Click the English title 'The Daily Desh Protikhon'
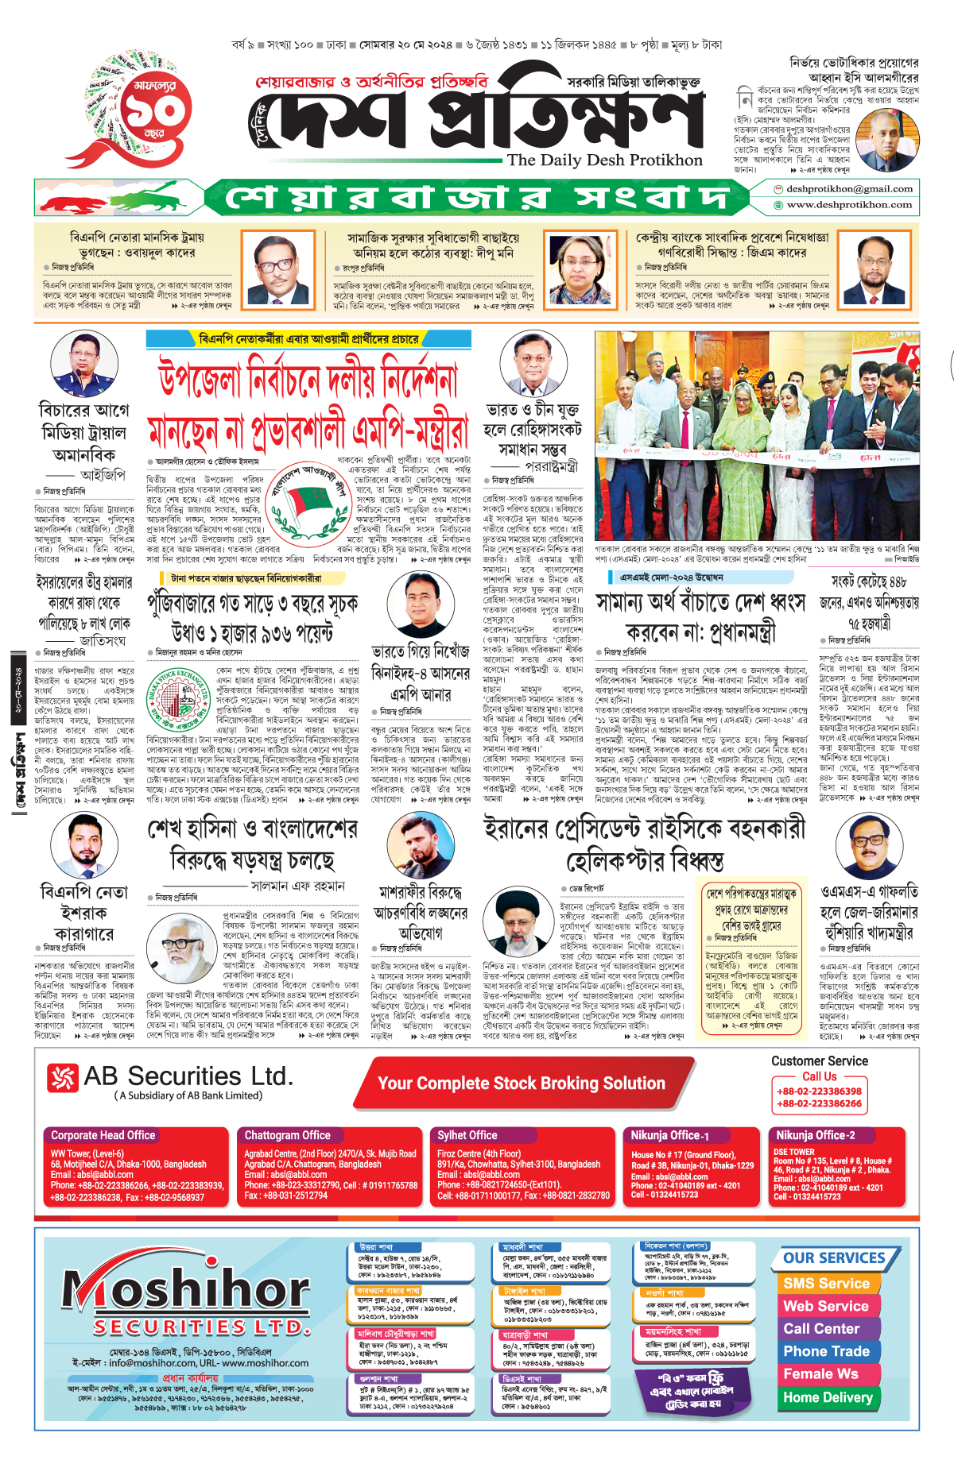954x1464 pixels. (x=604, y=160)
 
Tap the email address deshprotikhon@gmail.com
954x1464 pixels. (x=848, y=189)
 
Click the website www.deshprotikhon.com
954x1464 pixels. (x=849, y=204)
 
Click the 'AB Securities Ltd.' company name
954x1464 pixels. (x=188, y=1076)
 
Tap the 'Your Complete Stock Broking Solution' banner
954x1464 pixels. (x=521, y=1084)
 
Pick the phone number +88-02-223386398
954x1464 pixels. (x=819, y=1091)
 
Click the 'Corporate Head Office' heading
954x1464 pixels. (x=103, y=1135)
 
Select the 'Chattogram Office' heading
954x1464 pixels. (x=287, y=1135)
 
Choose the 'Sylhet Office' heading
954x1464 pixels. (x=467, y=1135)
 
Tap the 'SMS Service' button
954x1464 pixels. (x=826, y=1284)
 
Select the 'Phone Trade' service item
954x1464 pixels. (x=826, y=1351)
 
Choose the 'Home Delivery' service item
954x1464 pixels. (x=828, y=1397)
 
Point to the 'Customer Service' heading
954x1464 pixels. (x=819, y=1060)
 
